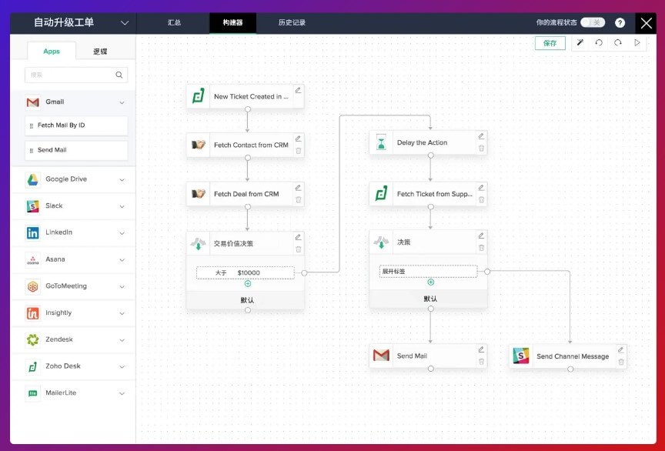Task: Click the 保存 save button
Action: [x=550, y=43]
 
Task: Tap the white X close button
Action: [x=647, y=23]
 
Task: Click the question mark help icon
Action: [x=620, y=23]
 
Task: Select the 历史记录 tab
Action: [x=292, y=22]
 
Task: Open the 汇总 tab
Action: [x=174, y=22]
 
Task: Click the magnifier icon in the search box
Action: [x=119, y=75]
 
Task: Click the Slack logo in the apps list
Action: [x=32, y=206]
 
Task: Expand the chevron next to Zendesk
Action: [x=122, y=340]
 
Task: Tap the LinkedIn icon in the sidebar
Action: [x=32, y=233]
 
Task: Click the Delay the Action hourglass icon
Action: [x=381, y=142]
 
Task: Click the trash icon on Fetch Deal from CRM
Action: [x=299, y=199]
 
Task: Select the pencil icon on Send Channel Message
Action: [x=620, y=349]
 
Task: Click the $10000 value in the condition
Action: [x=249, y=272]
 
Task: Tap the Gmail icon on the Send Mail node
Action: [x=381, y=355]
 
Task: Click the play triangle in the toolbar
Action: [x=637, y=43]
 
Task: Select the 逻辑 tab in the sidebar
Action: [x=100, y=52]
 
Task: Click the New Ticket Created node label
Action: [x=251, y=97]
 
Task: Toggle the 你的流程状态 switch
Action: [x=593, y=22]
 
